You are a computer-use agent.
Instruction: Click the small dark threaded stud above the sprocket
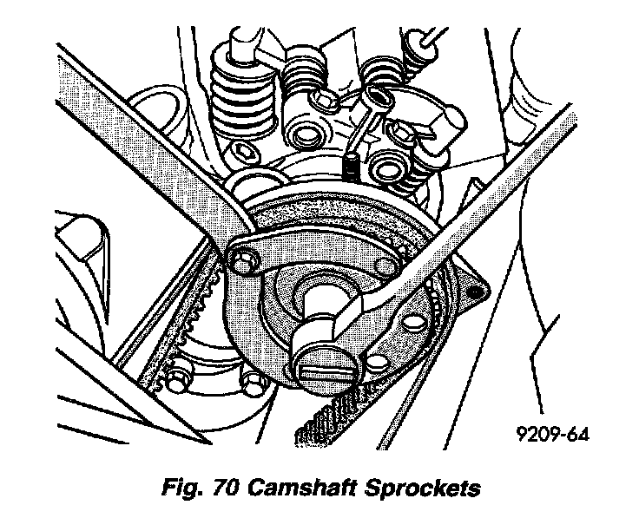click(x=351, y=165)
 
